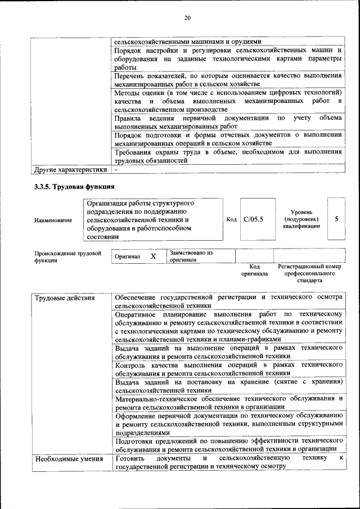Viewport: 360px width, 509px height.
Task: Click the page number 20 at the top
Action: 188,18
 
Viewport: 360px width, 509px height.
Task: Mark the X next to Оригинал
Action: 152,256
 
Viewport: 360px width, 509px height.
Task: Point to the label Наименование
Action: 53,220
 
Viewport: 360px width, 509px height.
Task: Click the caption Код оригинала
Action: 254,271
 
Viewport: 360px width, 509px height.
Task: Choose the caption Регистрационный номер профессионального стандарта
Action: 309,273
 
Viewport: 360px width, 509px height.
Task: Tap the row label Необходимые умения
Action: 69,459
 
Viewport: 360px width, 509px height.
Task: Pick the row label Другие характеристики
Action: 70,169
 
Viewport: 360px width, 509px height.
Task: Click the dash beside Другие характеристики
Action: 116,169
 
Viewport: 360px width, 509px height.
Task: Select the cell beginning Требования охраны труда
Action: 228,156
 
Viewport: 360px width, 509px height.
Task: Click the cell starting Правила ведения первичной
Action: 228,122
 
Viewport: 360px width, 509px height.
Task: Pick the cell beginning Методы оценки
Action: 228,101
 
